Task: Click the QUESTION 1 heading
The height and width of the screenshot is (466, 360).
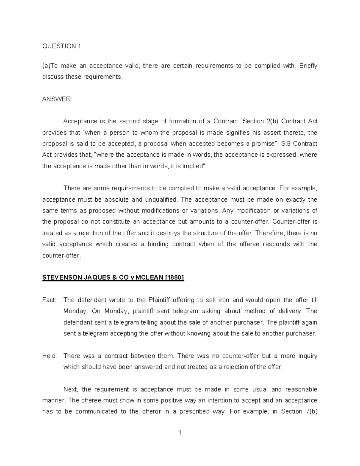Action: pos(61,46)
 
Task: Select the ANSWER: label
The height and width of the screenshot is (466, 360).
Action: pos(57,99)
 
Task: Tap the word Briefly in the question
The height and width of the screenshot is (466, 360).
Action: pos(308,66)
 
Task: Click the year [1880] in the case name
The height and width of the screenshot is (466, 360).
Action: pos(175,278)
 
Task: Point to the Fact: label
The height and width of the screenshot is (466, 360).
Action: pos(49,300)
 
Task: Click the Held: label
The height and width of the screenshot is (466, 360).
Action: pos(49,356)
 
